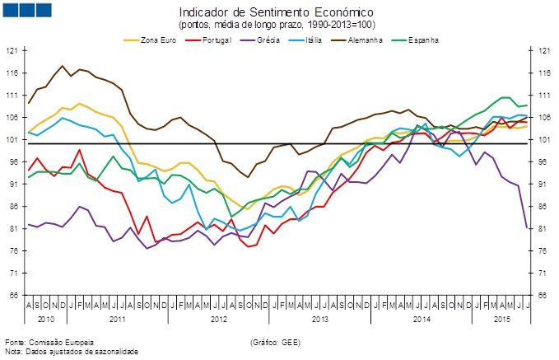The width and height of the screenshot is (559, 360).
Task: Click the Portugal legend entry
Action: (212, 40)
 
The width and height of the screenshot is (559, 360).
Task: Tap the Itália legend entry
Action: (313, 40)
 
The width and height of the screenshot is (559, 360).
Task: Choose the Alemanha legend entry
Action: (365, 40)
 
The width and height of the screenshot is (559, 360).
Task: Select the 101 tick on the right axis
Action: (544, 140)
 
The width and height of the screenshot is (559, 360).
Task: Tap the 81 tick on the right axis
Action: (544, 229)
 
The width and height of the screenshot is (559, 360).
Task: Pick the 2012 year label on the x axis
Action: (218, 316)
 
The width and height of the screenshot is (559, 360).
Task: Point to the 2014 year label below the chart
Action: (422, 316)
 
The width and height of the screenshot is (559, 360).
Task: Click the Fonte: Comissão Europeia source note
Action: (49, 341)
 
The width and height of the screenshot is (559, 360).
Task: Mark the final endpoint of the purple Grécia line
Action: (527, 227)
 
